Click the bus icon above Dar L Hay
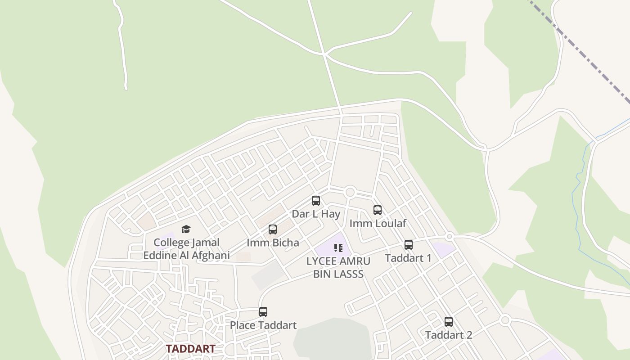316,201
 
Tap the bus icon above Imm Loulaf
378,210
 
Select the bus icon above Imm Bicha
273,229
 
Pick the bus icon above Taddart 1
409,245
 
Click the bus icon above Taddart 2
449,322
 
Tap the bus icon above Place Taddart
263,312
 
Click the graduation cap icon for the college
186,229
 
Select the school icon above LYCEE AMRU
338,247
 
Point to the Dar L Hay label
316,214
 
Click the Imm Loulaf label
378,223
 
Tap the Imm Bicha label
273,243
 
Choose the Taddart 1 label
408,258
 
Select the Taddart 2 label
449,335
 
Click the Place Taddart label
263,325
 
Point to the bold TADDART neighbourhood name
190,349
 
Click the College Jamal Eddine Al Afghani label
187,249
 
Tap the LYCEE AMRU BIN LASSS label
338,267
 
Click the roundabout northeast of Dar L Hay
350,192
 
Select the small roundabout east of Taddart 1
449,236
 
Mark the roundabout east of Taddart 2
505,320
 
